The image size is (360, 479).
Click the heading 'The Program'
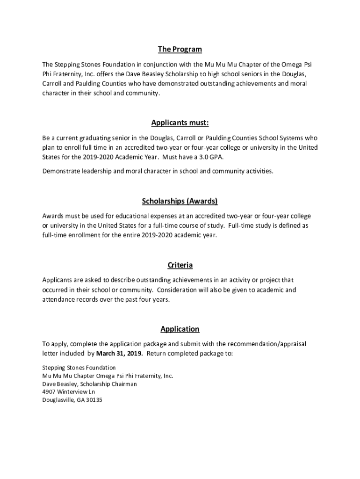pos(180,49)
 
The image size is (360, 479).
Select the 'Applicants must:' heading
pos(180,123)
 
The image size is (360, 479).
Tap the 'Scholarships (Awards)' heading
pos(180,201)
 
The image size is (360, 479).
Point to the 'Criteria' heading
pos(180,265)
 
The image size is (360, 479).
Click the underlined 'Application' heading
pos(180,329)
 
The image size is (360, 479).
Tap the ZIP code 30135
pos(93,400)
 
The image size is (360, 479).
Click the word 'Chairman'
pos(124,384)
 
